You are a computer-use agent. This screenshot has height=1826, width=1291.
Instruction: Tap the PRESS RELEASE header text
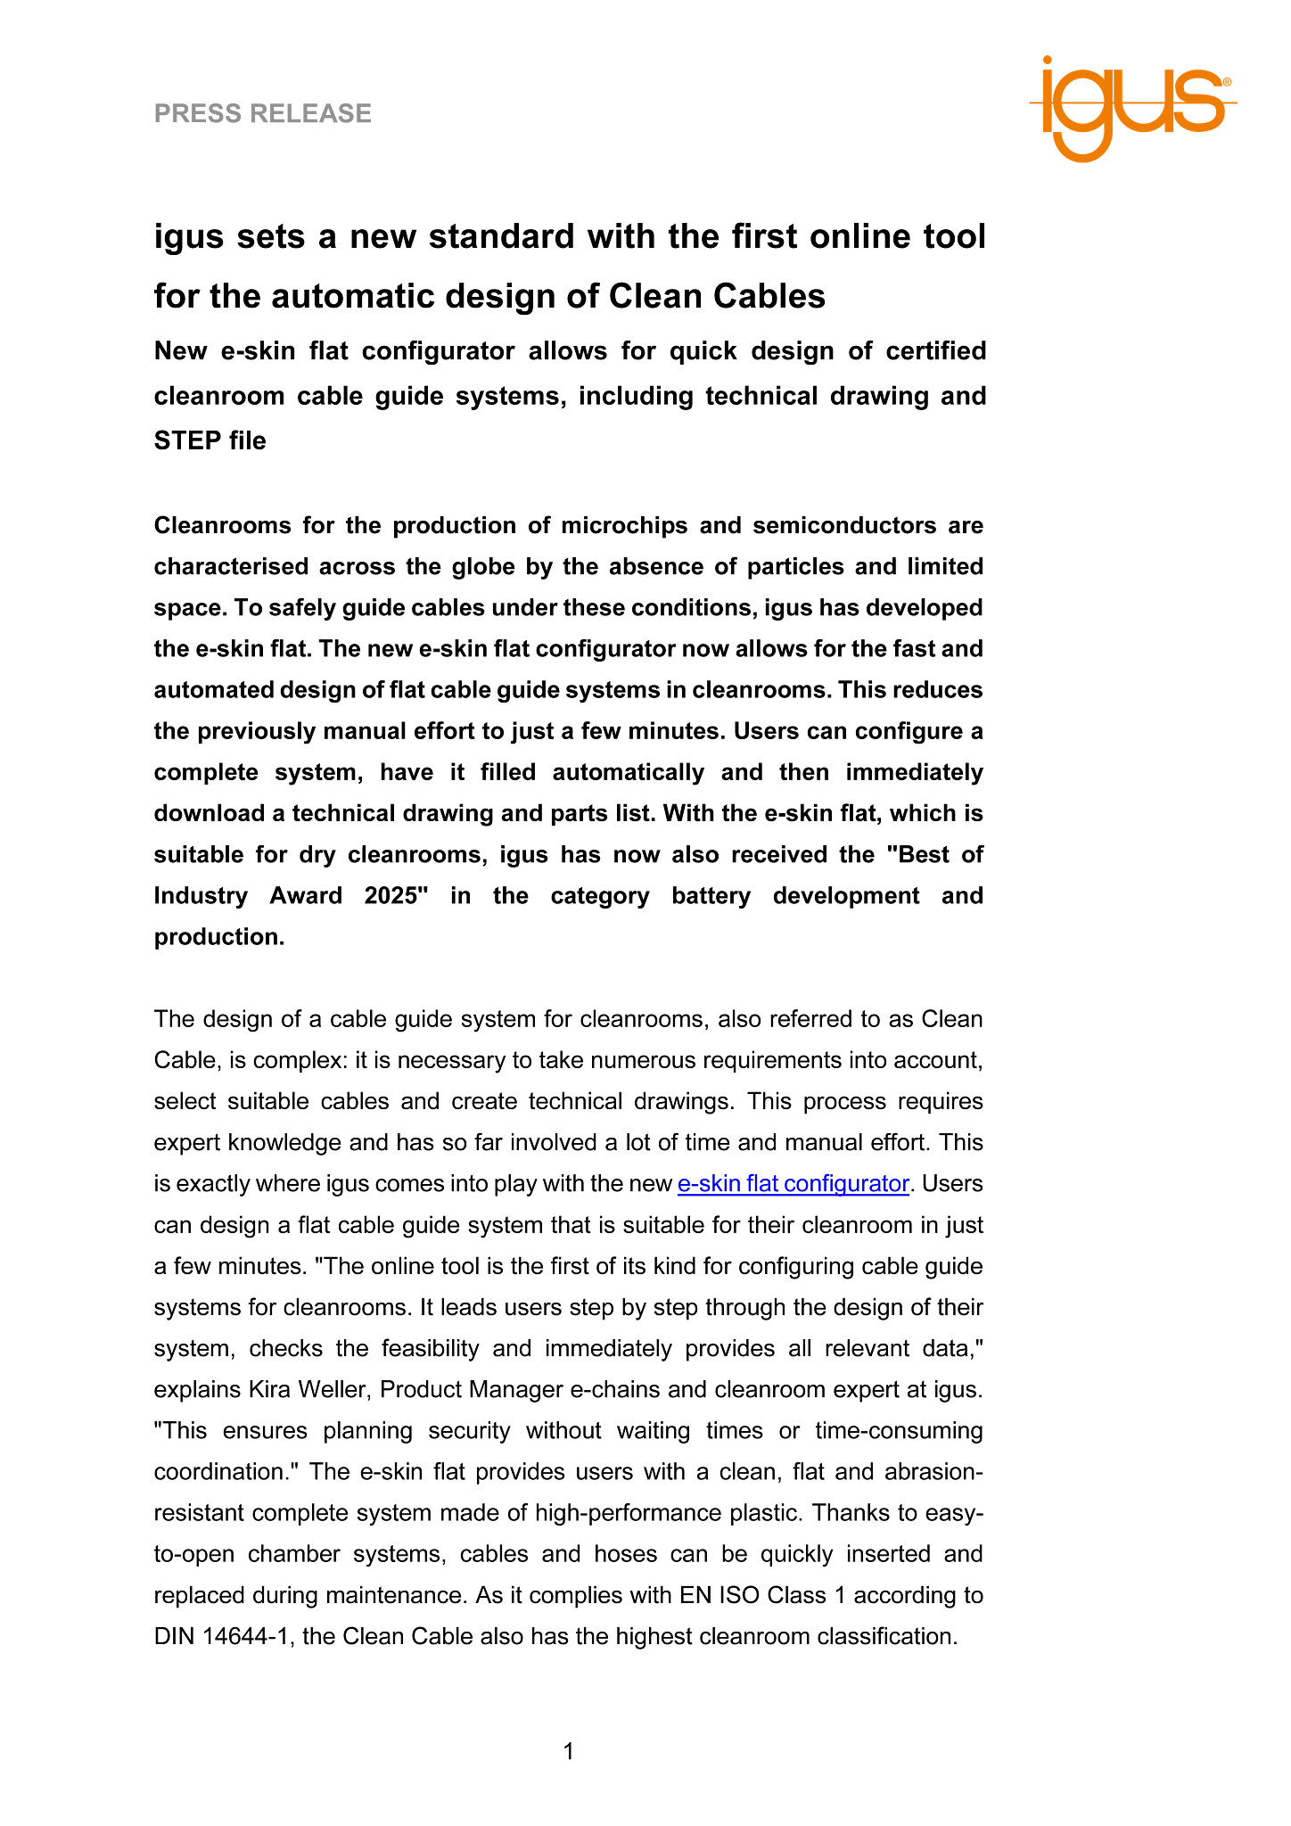263,113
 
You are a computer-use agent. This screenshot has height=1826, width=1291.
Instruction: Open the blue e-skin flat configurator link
793,1184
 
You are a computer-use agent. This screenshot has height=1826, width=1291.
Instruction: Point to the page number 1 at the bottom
569,1752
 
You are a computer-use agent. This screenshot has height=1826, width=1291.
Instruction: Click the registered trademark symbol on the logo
1228,82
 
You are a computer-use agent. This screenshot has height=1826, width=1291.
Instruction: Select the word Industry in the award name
201,895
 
